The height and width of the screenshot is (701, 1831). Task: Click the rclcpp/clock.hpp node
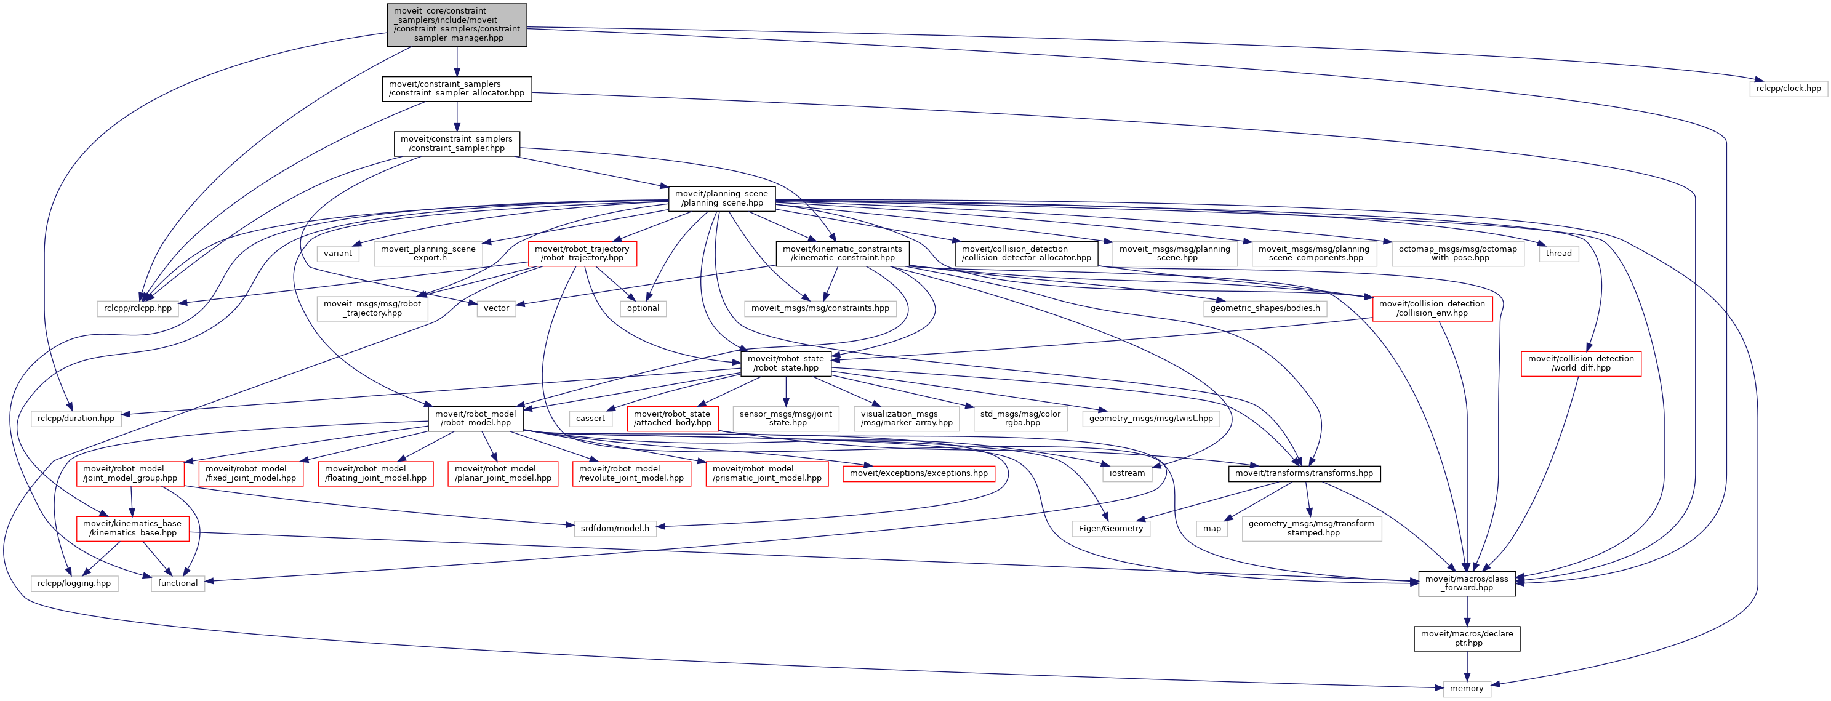[x=1788, y=89]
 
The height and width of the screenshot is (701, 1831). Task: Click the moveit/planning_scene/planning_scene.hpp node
[x=721, y=198]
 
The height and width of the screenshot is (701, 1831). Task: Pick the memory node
[x=1467, y=688]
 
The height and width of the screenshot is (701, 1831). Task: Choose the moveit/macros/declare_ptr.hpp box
[x=1467, y=638]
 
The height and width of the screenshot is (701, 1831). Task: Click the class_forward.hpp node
[x=1467, y=583]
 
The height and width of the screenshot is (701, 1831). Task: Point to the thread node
[x=1558, y=253]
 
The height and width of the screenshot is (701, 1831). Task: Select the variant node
[x=338, y=253]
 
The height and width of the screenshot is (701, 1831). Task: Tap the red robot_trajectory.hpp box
[x=582, y=253]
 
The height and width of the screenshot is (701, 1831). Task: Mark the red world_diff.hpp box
[x=1580, y=363]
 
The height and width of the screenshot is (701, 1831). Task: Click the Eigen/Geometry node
[x=1110, y=528]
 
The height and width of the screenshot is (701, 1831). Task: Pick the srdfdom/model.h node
[x=614, y=528]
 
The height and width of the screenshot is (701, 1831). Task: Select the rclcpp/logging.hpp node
[x=74, y=583]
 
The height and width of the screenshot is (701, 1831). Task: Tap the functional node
[x=178, y=583]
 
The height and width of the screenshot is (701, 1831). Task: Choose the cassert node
[x=590, y=418]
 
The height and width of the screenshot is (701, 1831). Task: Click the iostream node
[x=1127, y=473]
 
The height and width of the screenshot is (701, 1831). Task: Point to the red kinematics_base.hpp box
[x=132, y=528]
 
